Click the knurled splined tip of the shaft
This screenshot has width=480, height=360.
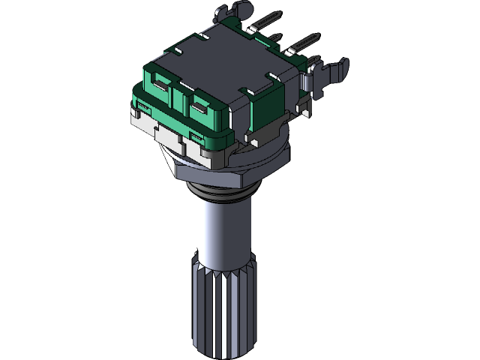225,307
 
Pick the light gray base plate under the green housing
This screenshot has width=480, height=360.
161,124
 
